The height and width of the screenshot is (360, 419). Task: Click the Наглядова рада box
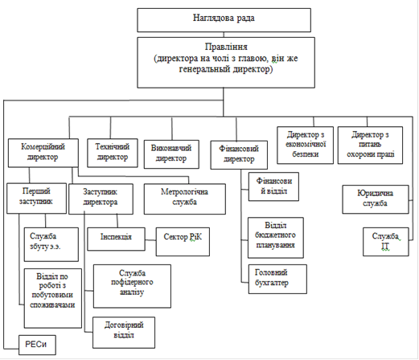point(224,20)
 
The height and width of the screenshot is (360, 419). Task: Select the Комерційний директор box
point(43,153)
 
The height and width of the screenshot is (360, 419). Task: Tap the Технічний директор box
point(113,153)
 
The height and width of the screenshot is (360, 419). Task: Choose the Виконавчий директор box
point(171,154)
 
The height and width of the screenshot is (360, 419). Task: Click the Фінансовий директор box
point(239,155)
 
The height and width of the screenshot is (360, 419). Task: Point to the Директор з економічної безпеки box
point(305,145)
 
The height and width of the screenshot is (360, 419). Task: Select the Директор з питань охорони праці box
point(370,145)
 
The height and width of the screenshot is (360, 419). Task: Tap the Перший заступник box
point(36,198)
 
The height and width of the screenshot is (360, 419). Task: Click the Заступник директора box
point(101,199)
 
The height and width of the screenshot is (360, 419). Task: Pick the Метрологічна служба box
point(185,199)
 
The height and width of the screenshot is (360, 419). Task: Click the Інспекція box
point(116,239)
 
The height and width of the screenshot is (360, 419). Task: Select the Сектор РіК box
point(183,242)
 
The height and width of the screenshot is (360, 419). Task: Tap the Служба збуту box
point(51,244)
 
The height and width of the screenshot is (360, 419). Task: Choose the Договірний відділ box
point(124,333)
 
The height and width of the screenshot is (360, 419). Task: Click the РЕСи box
point(37,345)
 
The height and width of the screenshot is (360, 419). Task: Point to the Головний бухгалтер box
point(277,279)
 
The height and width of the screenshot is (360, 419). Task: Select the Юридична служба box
point(376,199)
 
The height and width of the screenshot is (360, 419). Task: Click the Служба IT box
point(386,242)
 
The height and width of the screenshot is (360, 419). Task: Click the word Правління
point(226,47)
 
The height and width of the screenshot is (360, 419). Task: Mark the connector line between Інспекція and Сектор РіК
point(150,239)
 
